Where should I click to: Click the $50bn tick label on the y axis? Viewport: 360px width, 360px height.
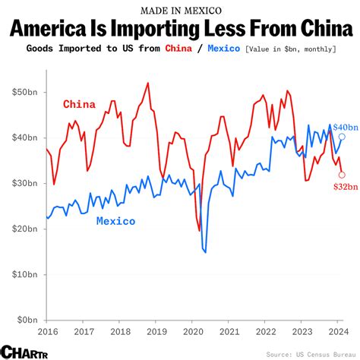click(25, 92)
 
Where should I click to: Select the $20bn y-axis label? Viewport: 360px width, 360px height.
click(25, 229)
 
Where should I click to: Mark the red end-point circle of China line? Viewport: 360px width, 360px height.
click(342, 175)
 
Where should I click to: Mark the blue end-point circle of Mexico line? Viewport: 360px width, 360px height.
click(342, 137)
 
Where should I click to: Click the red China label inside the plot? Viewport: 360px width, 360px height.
click(79, 104)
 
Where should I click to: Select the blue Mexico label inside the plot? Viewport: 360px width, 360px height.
click(115, 221)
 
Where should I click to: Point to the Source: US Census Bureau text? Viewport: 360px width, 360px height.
click(311, 354)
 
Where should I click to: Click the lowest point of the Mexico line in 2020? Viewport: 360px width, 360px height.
click(205, 251)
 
